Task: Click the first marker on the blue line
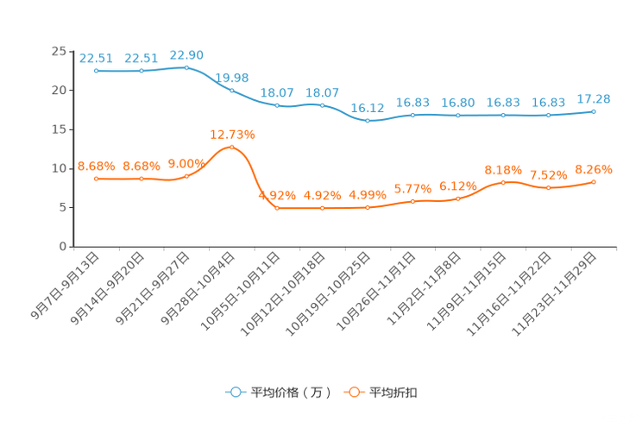pos(97,71)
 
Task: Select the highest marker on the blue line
pos(187,67)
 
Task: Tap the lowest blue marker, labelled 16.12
pos(368,121)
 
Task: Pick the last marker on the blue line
pos(594,112)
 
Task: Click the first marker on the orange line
pos(97,179)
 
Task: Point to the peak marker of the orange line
pos(232,148)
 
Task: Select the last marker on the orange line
pos(594,181)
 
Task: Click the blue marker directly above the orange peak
pos(232,90)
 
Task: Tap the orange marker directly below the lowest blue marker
pos(368,207)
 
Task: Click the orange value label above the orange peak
pos(232,134)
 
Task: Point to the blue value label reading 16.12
pos(368,108)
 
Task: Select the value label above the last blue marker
pos(594,99)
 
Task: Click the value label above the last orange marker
pos(594,167)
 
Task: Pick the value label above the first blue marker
pos(96,58)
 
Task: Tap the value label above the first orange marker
pos(96,165)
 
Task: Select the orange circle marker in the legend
pos(353,392)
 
